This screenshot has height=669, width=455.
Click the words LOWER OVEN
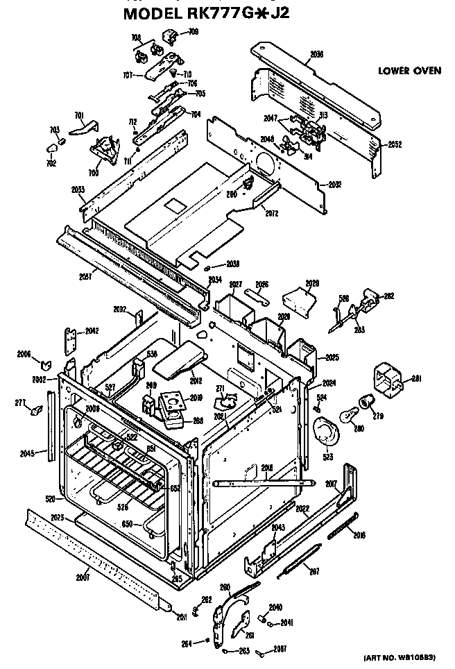coord(409,71)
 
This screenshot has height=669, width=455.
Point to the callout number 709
coord(193,32)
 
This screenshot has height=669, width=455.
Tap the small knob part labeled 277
coord(33,412)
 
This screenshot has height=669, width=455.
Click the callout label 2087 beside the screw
coord(280,649)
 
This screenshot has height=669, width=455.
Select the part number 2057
coord(85,277)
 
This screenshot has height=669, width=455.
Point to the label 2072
coord(271,213)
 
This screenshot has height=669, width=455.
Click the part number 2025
coord(332,358)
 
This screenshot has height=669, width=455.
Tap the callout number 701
coord(79,115)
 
